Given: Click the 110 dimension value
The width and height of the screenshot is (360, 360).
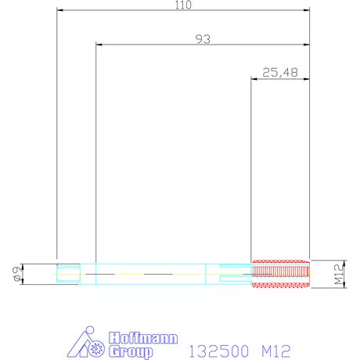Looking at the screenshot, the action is pos(183,5).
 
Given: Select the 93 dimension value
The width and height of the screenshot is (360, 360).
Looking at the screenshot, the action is pos(203,39).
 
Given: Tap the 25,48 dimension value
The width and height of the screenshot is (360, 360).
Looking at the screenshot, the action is pos(280,73).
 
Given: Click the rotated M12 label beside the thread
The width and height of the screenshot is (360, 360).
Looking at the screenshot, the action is pos(339,275).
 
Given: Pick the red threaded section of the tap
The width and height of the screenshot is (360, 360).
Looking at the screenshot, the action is pos(281,274).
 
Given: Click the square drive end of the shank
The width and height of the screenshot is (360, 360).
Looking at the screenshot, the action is pos(68,274).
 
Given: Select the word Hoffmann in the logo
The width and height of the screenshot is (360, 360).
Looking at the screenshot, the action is pos(143,338).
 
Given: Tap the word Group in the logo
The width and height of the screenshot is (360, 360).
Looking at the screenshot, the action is pos(131,351).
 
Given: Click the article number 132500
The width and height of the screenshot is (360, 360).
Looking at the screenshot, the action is pos(218,351).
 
